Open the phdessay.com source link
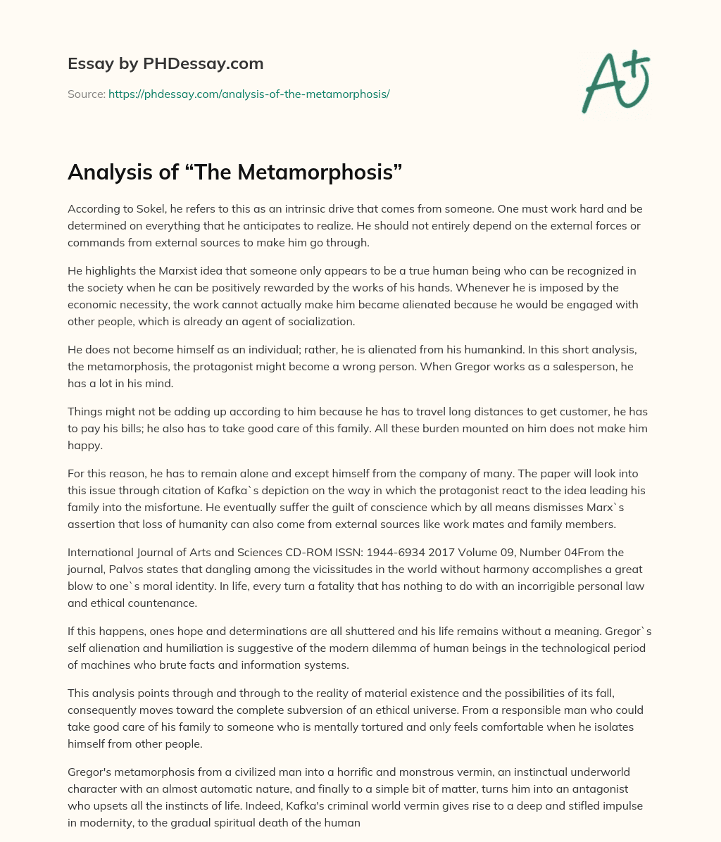tap(249, 94)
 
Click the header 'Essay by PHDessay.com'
tap(165, 64)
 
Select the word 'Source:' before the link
tap(86, 94)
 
